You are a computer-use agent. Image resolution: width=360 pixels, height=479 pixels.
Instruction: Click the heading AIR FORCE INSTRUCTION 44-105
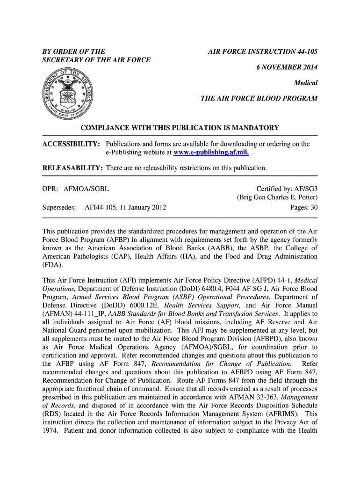pos(263,51)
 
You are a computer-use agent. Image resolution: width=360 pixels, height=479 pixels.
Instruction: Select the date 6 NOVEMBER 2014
pos(287,67)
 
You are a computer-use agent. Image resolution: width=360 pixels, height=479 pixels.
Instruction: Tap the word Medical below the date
pos(306,83)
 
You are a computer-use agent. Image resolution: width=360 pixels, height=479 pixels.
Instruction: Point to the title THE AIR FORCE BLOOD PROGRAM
pos(259,99)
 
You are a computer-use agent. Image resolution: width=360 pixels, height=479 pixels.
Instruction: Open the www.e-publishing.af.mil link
pos(211,152)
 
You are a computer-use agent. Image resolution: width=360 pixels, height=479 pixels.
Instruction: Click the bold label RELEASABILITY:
pos(72,168)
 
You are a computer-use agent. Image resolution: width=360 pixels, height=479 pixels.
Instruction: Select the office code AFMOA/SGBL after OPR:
pos(86,189)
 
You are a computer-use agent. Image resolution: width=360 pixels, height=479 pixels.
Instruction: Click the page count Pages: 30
pos(304,207)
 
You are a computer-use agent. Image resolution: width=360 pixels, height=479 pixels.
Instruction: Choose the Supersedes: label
pos(59,207)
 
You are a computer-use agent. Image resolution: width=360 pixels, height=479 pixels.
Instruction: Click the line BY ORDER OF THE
pos(74,51)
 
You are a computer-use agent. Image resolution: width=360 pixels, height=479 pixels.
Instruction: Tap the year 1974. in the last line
pos(50,431)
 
